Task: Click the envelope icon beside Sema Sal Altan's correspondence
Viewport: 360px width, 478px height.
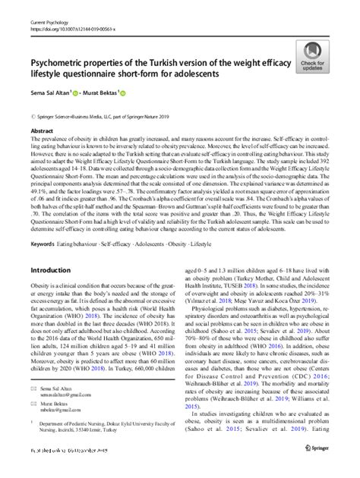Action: [x=33, y=389]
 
